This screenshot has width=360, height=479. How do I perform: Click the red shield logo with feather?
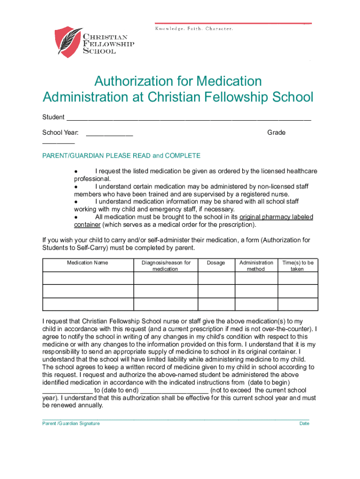[x=68, y=42]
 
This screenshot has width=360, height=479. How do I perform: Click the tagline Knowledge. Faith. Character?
[x=194, y=29]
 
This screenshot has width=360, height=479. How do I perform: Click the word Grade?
[x=276, y=133]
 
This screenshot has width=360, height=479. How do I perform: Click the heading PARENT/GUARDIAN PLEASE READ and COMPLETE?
[x=121, y=156]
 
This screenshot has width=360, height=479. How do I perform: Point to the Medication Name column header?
[x=87, y=263]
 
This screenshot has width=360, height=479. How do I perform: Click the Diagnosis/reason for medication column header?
[x=166, y=266]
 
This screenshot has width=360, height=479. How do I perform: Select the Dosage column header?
[x=216, y=263]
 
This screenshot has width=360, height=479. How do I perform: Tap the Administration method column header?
[x=256, y=266]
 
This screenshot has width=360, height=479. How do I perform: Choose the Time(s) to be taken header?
[x=297, y=266]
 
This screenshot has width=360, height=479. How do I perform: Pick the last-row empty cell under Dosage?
[x=216, y=304]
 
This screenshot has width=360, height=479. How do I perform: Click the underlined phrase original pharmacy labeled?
[x=276, y=218]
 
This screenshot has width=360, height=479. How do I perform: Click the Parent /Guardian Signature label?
[x=71, y=424]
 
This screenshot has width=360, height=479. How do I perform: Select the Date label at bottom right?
[x=304, y=424]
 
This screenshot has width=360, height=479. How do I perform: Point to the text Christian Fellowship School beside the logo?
[x=108, y=44]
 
